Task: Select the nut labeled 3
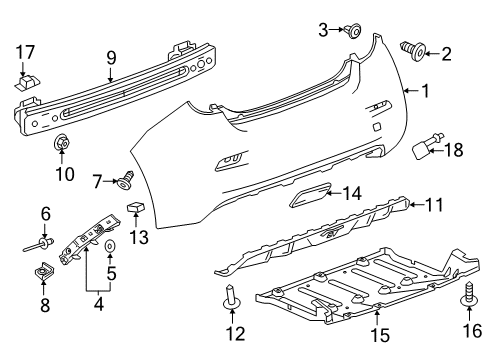[354, 32]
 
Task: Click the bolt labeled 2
[412, 45]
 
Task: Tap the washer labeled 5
[110, 245]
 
